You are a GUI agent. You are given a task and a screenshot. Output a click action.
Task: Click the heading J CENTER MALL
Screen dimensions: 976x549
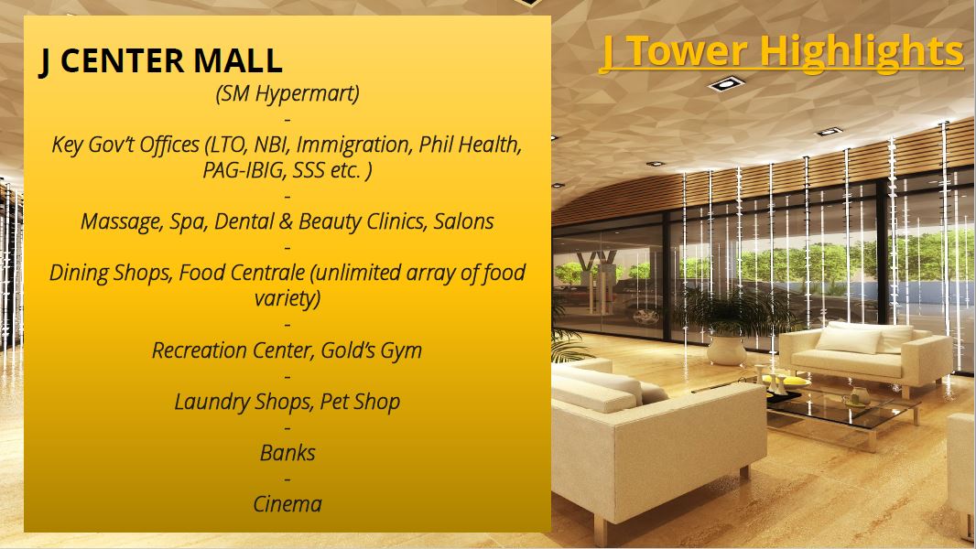coord(160,61)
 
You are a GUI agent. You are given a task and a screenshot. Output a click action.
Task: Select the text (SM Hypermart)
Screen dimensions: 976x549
coord(287,94)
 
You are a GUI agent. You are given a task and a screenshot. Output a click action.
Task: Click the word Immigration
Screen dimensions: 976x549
coord(354,145)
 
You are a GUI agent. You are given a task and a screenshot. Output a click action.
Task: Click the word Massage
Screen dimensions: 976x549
coord(122,222)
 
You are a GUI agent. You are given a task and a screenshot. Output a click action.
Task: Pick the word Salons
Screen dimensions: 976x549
coord(463,221)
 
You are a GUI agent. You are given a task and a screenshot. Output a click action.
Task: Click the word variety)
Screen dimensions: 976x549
coord(287,298)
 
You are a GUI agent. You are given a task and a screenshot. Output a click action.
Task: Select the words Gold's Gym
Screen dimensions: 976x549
coord(371,350)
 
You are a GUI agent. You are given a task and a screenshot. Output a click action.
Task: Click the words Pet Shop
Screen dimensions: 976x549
coord(360,402)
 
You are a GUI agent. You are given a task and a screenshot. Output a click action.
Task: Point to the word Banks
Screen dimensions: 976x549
coord(287,453)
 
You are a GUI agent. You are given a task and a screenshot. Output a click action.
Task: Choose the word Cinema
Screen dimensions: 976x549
coord(287,503)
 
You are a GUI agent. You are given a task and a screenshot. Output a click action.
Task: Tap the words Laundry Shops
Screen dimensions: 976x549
coord(244,402)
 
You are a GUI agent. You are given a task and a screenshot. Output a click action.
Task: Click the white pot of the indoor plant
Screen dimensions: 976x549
coord(726,350)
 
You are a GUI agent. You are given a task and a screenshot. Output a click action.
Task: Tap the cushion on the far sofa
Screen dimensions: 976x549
coord(849,340)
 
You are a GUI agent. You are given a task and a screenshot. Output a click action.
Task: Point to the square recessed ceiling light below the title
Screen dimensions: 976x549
coord(726,83)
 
